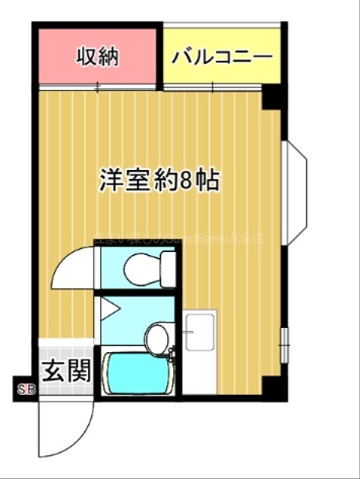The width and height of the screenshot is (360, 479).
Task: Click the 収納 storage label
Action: [97, 57]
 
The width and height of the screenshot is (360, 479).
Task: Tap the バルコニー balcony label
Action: [222, 57]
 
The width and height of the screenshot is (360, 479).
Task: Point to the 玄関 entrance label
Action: [65, 371]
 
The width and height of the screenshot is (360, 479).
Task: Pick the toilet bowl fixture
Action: [141, 266]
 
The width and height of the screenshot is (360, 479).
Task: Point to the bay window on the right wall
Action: [296, 193]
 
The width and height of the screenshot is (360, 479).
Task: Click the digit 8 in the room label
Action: [185, 180]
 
